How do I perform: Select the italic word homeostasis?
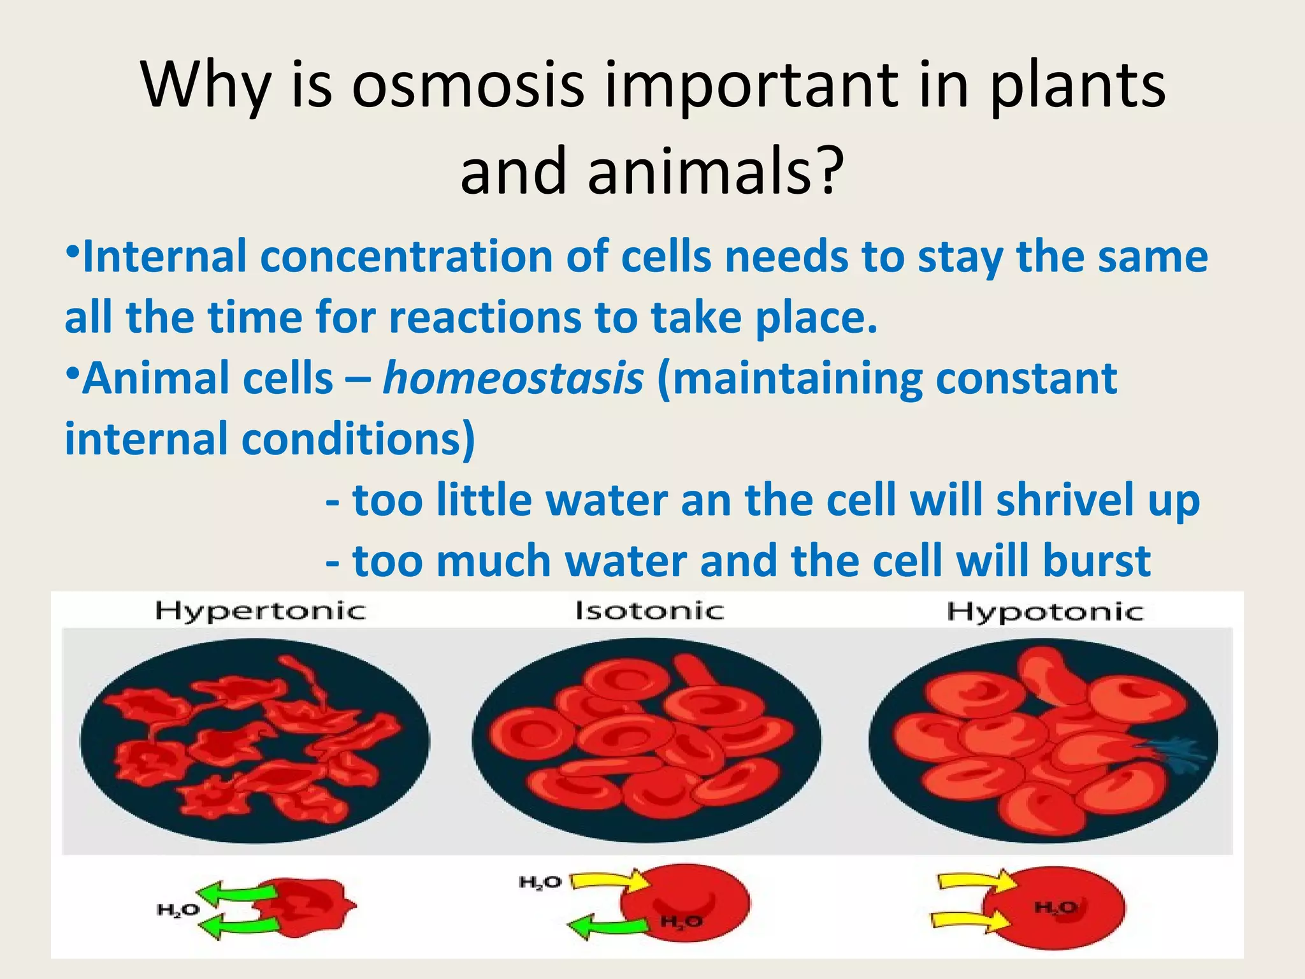tap(513, 379)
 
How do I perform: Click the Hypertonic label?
tap(260, 611)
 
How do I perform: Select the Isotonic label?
tap(649, 611)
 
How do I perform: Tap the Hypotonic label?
tap(1044, 612)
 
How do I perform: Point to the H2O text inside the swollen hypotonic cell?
tap(1055, 907)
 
